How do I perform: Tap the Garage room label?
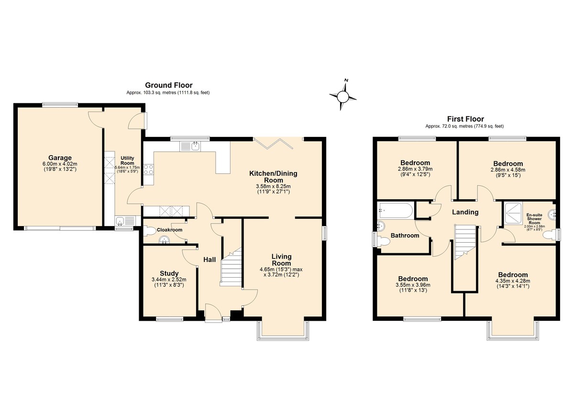60,158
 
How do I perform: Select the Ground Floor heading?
168,85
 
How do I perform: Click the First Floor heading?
465,119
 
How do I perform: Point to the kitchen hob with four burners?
148,170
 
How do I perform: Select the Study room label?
169,273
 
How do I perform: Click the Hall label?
210,260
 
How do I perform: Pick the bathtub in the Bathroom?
396,211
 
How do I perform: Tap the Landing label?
465,212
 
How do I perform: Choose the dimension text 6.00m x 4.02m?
60,164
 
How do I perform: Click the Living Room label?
281,260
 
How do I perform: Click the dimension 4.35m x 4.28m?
513,281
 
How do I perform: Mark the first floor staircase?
465,243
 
